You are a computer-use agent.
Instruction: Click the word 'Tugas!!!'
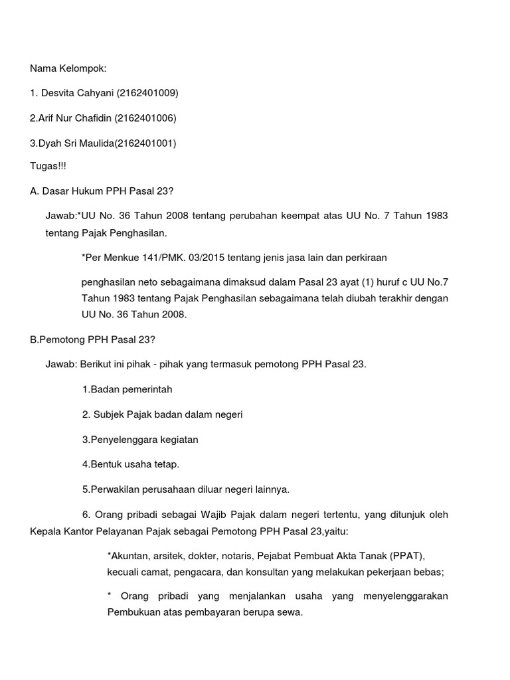point(48,166)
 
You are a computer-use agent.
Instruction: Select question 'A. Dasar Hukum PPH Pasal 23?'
point(102,191)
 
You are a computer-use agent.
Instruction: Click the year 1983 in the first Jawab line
point(434,216)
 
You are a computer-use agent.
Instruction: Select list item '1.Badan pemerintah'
point(127,389)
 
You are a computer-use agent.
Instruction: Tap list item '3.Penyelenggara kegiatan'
point(140,440)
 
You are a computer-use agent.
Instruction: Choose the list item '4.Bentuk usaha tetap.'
point(131,464)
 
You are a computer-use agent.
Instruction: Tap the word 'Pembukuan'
point(131,612)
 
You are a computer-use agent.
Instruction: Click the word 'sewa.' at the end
point(290,612)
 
